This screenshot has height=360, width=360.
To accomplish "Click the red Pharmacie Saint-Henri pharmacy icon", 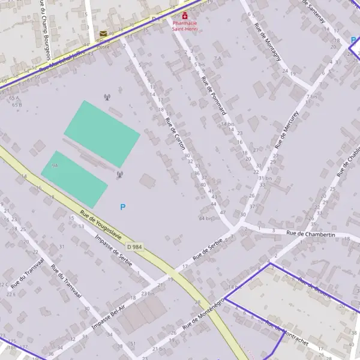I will [185, 16].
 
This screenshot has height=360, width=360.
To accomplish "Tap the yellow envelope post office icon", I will [104, 34].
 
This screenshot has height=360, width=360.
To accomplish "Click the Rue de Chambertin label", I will [310, 235].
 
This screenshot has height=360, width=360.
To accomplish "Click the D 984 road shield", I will [134, 247].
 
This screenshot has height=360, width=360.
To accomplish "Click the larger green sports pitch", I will [102, 134].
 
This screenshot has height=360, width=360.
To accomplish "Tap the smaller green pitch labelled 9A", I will [74, 179].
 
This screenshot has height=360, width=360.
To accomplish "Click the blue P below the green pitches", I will [123, 207].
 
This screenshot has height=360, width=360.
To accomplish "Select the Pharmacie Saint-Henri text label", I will [186, 26].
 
